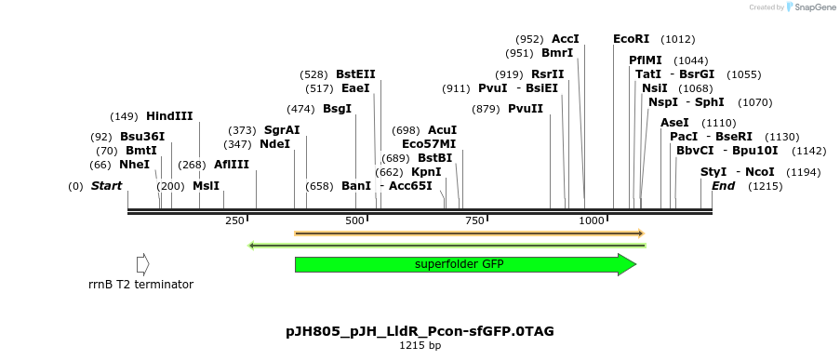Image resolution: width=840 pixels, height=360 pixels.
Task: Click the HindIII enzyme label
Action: coord(169,116)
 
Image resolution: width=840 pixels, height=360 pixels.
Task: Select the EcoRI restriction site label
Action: coord(631,39)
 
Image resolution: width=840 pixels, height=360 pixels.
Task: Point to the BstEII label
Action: coord(355,74)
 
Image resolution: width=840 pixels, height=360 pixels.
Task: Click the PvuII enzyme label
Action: coord(526,109)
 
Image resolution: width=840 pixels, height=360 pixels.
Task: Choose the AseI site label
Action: coord(674,123)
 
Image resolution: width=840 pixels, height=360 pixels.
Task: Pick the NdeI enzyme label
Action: coord(274,144)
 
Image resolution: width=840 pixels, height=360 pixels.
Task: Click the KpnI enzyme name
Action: coord(426,172)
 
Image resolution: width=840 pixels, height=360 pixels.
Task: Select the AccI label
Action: coord(565,39)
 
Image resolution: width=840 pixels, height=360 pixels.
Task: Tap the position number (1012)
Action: coord(677,40)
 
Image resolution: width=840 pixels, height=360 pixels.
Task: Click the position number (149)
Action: coord(124,117)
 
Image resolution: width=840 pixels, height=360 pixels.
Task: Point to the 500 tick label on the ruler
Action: coord(354,220)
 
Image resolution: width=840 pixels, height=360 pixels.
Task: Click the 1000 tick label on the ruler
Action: coord(592,220)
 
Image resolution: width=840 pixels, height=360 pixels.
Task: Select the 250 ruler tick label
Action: coord(234,220)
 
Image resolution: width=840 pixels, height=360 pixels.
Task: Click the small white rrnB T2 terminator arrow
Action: coord(142,264)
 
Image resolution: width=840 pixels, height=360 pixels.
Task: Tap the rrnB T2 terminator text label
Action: coord(140,285)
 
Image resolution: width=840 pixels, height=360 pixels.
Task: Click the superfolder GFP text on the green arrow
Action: coord(459,264)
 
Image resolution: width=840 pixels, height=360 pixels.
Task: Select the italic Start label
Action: coord(106,186)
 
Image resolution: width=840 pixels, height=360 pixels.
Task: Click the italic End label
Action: coord(723,186)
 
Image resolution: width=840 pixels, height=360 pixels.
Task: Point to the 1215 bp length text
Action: coord(420,346)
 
